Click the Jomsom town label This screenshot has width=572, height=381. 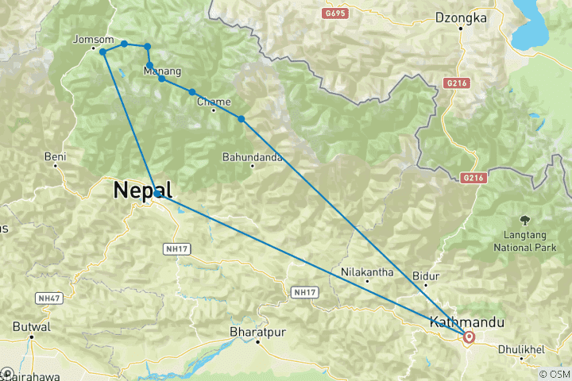87,39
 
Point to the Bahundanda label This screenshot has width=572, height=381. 253,156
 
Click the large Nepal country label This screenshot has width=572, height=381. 143,190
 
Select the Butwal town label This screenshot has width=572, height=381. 32,326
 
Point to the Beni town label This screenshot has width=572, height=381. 55,156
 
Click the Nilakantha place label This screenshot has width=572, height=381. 366,271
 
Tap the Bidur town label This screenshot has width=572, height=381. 426,275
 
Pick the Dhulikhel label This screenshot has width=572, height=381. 521,348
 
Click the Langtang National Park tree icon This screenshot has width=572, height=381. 524,219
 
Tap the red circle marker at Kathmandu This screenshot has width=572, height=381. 469,337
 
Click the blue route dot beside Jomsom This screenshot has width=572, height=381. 102,52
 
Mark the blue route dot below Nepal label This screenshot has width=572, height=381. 158,193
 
